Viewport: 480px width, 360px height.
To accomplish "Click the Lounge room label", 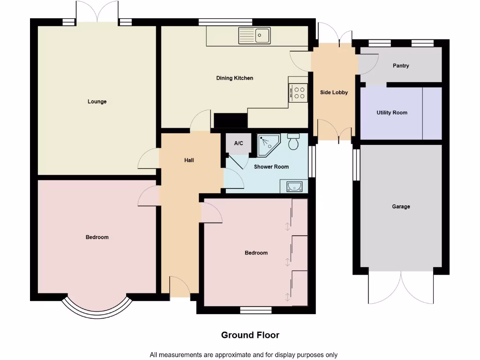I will tap(97, 102).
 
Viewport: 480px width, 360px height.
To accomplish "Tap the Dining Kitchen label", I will tap(234, 78).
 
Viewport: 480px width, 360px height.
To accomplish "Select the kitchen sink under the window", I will tap(255, 35).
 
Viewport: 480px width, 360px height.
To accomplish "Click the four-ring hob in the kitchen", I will tap(298, 92).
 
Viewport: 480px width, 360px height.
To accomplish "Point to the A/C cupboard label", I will tap(238, 143).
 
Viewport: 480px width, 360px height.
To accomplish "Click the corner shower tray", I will tap(268, 145).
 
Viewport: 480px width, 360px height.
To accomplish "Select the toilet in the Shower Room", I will tap(294, 142).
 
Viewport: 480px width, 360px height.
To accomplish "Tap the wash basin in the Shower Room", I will tap(294, 187).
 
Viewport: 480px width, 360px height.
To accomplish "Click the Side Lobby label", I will tap(334, 92).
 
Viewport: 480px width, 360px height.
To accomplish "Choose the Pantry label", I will tap(401, 66).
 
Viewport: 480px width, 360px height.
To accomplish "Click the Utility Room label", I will tap(392, 112).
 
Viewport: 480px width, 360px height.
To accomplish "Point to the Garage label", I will tap(401, 206).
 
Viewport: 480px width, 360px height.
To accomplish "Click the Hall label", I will tap(189, 160).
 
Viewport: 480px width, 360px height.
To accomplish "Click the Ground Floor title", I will tap(250, 335).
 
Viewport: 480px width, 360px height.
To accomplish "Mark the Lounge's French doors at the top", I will tap(97, 12).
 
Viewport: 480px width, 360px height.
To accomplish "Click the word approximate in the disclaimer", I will tap(238, 355).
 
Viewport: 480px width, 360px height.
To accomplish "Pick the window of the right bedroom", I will tap(256, 309).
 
